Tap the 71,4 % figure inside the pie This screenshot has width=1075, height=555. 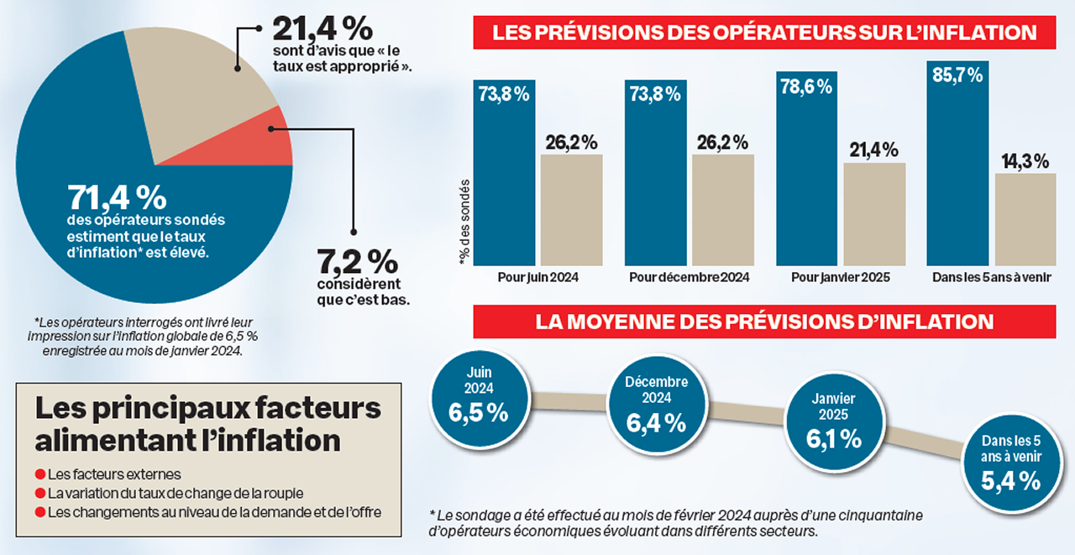click(117, 198)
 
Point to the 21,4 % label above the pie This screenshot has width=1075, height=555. click(322, 30)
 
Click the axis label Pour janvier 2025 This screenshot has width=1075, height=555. click(840, 277)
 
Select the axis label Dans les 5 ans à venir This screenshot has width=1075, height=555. click(991, 277)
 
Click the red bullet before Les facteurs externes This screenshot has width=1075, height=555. click(40, 474)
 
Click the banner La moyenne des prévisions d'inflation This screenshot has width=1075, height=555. click(764, 322)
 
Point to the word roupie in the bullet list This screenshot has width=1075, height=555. click(282, 493)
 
